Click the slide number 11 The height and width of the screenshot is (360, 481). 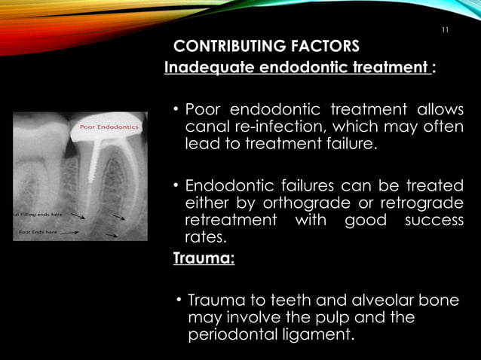[x=444, y=30]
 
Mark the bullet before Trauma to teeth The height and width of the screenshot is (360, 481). [x=179, y=301]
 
